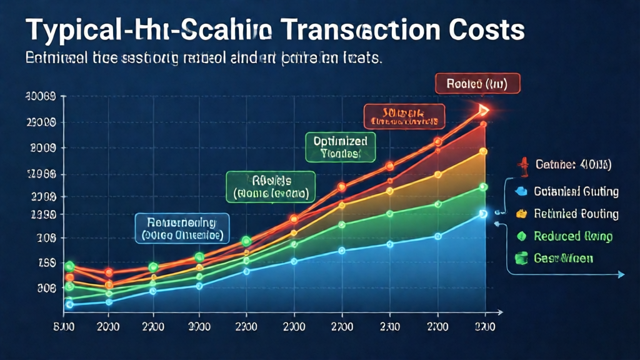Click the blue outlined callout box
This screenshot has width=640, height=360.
pos(182,229)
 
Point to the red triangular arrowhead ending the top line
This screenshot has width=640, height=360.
pos(483,111)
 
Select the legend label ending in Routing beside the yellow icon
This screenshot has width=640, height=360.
pos(576,214)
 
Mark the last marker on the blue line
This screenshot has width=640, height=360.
pos(483,214)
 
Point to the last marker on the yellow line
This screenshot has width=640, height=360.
pos(483,151)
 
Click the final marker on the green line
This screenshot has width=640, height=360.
pos(483,186)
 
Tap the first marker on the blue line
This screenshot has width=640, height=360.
pos(69,305)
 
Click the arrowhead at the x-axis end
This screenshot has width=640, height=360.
pos(501,311)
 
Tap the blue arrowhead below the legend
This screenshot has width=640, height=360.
pos(621,274)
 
